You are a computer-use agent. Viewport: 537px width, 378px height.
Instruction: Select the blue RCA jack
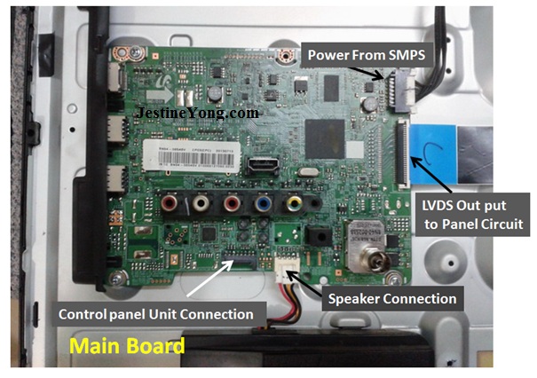262,206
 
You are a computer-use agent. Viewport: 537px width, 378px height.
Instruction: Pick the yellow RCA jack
292,206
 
